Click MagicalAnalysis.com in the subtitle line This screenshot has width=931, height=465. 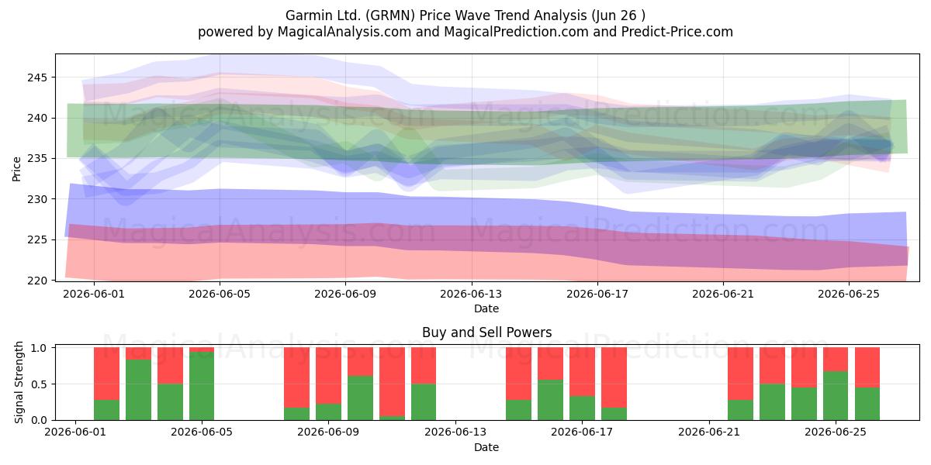(344, 32)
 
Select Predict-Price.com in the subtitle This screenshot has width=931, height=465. (677, 32)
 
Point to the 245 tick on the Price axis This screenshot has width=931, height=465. (37, 77)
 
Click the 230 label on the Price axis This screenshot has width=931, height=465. (37, 199)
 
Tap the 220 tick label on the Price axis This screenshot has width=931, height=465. (37, 281)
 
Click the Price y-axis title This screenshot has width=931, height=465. (16, 169)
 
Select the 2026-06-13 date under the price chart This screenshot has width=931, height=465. (471, 294)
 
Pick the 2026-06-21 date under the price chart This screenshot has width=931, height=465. (723, 294)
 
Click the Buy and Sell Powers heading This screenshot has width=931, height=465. (486, 332)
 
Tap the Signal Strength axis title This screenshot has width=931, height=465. (19, 382)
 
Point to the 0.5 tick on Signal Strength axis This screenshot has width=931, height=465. (39, 384)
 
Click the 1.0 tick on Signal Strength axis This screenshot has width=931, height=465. (39, 347)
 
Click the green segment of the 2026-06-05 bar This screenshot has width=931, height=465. (202, 386)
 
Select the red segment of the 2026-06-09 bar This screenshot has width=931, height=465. (328, 375)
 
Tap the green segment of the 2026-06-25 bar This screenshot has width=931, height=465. (836, 396)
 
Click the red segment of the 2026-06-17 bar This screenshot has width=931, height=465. (582, 371)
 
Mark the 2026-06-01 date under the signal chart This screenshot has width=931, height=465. (75, 432)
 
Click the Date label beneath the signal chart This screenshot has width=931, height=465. (486, 447)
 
